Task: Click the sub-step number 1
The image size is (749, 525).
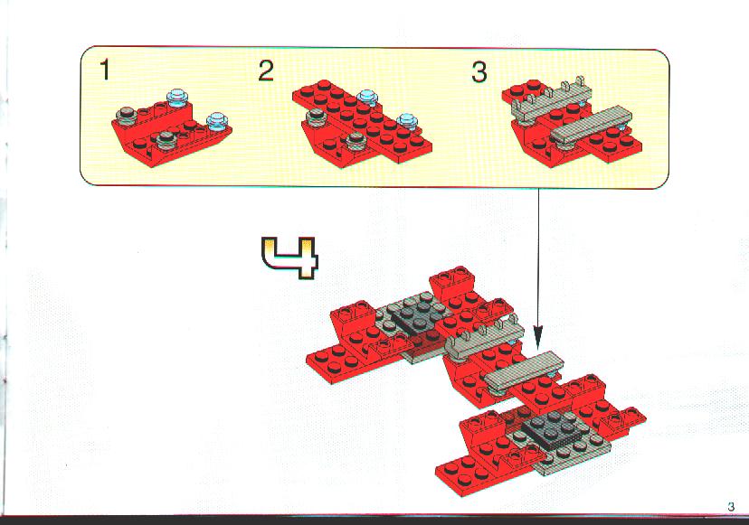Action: (105, 70)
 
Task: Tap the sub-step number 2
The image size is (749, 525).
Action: (266, 70)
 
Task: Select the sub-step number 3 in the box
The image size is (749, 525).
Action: (479, 72)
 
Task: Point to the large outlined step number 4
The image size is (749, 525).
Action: (289, 258)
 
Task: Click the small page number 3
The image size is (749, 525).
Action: (731, 506)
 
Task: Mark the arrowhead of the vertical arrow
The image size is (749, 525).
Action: (538, 337)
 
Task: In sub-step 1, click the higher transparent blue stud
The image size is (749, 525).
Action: (177, 98)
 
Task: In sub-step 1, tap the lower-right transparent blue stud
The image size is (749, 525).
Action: (217, 121)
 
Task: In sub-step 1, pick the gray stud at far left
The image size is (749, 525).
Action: (127, 115)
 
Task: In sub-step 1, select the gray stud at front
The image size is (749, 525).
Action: (167, 138)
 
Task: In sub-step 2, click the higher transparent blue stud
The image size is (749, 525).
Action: (367, 98)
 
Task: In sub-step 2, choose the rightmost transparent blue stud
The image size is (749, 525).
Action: (407, 121)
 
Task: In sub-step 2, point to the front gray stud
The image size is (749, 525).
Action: (356, 139)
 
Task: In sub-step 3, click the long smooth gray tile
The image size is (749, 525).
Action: (592, 125)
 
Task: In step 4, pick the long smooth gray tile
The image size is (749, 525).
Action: (524, 370)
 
